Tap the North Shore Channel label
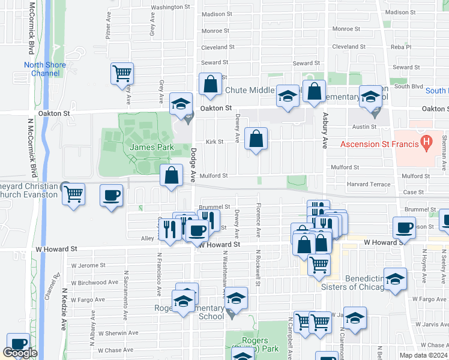click(x=41, y=69)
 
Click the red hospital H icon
click(x=426, y=143)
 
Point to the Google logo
click(x=20, y=353)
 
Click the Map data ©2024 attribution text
click(x=424, y=355)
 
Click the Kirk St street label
click(x=214, y=142)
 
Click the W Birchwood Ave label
click(x=94, y=282)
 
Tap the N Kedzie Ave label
click(x=64, y=310)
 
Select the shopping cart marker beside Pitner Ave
click(x=122, y=73)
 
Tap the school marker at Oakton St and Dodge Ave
click(x=181, y=104)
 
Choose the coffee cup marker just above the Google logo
click(x=19, y=343)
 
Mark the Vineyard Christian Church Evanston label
click(x=29, y=191)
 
